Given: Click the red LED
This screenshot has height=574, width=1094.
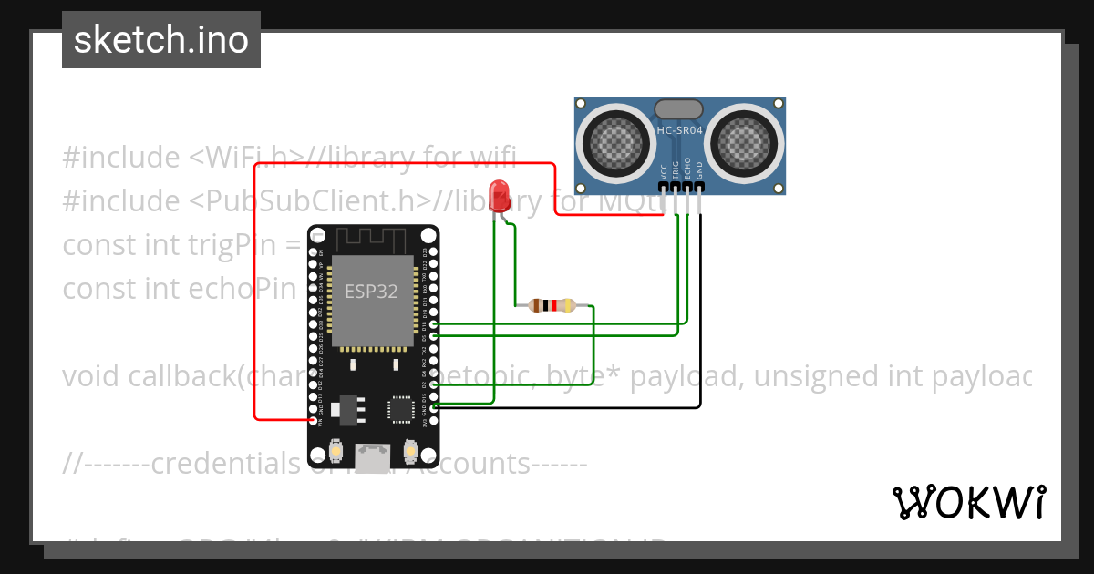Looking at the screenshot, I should click(499, 196).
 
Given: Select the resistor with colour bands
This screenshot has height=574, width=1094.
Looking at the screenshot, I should click(552, 305).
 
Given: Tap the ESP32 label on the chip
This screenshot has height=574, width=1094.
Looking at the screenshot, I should click(371, 292).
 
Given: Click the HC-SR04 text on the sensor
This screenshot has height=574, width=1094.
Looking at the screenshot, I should click(679, 131).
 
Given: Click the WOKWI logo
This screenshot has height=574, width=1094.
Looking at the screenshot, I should click(968, 502).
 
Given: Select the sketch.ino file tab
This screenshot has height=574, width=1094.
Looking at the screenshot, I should click(161, 40).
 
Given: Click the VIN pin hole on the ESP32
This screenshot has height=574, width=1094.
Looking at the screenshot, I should click(314, 421).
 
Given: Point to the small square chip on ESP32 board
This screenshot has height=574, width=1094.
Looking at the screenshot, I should click(402, 408).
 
